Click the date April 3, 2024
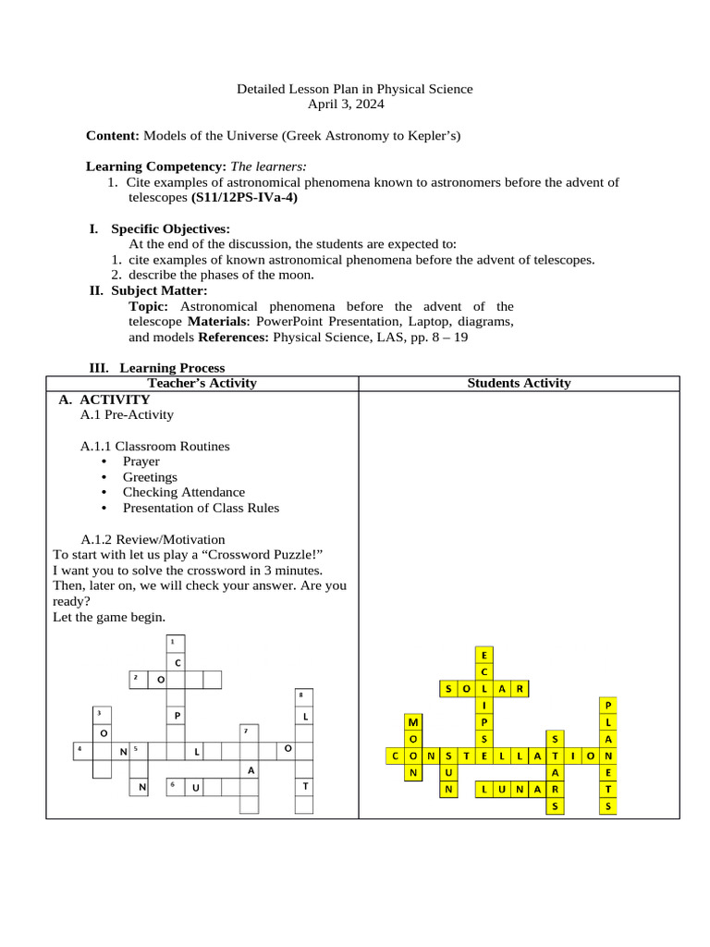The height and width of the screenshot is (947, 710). [354, 105]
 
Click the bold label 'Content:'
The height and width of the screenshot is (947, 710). [112, 136]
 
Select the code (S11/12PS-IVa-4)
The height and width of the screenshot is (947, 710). [244, 197]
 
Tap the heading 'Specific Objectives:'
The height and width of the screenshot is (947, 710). [170, 229]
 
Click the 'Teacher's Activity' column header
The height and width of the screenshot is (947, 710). [202, 383]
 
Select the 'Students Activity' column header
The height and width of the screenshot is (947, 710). [519, 383]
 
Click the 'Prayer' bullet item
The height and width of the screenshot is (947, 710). [141, 461]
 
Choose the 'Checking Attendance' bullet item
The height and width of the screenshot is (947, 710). [183, 492]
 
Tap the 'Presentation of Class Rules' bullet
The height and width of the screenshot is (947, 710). [201, 508]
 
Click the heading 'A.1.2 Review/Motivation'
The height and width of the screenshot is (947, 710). [153, 539]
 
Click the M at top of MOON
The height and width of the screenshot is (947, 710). [413, 722]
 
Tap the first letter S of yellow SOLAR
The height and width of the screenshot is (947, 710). [448, 688]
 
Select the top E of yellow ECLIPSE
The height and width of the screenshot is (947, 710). [484, 655]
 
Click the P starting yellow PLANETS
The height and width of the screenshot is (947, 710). [607, 705]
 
